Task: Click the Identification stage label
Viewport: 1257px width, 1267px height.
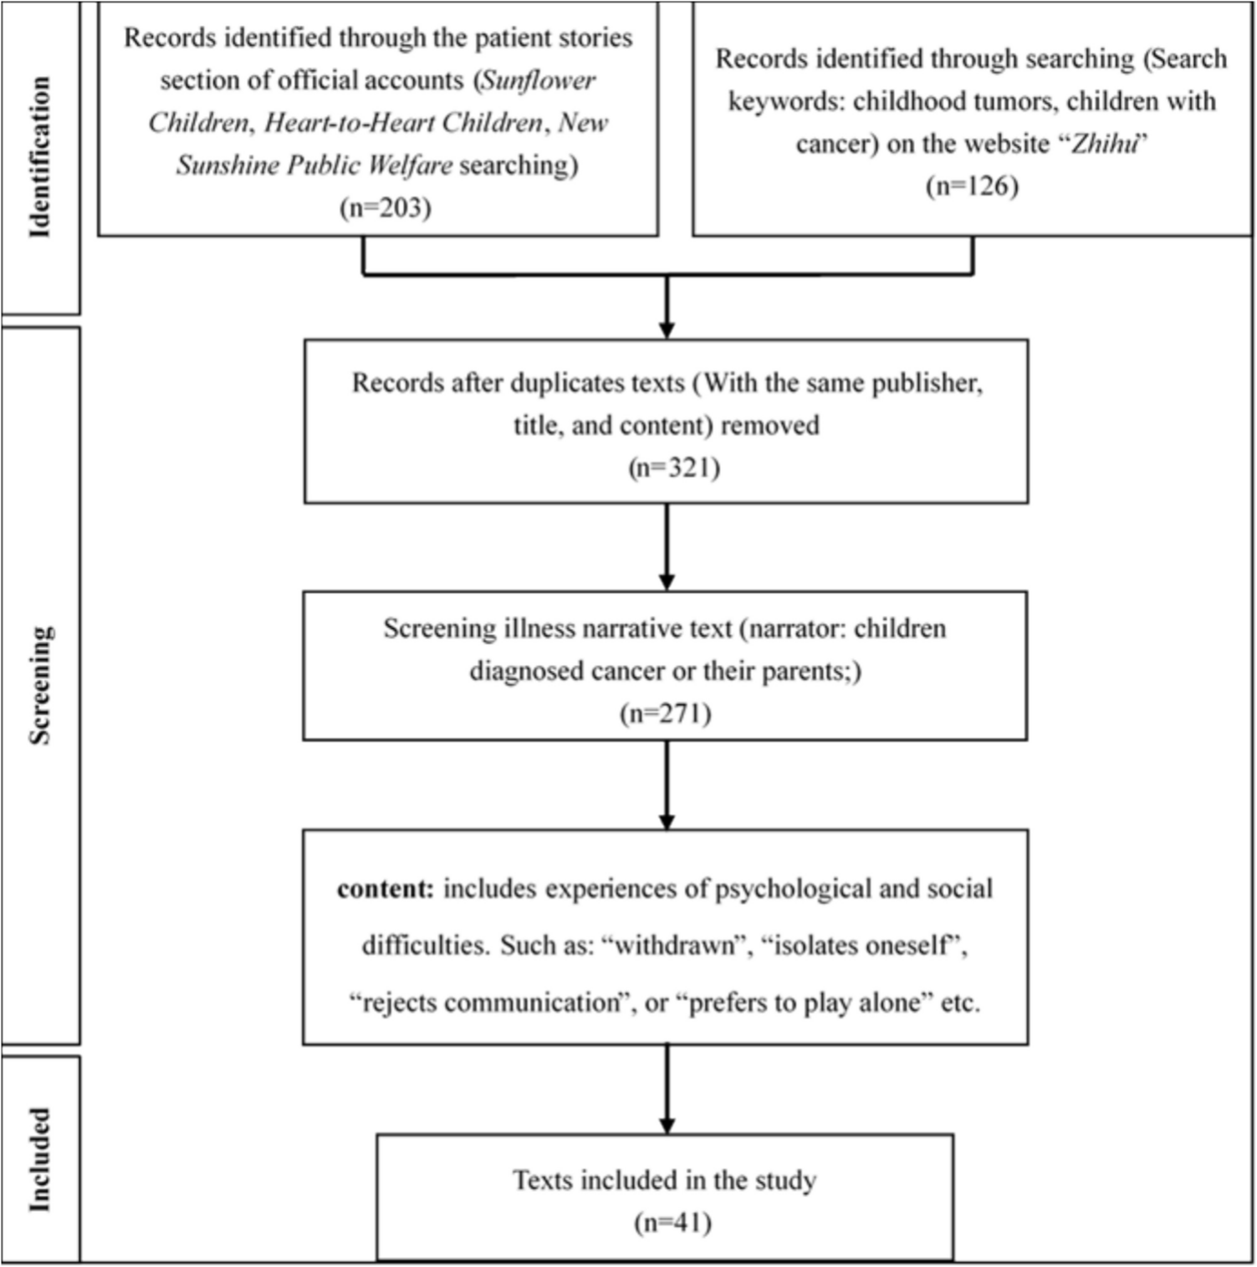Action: (x=39, y=157)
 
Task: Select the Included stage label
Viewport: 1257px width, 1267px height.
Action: (x=39, y=1159)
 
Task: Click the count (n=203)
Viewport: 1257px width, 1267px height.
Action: (x=386, y=207)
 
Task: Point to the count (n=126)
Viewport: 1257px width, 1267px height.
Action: (x=972, y=186)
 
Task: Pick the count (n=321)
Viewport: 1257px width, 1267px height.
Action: (x=674, y=467)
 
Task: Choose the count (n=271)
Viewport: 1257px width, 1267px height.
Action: (x=666, y=713)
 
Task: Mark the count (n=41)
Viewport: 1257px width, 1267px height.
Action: (x=673, y=1223)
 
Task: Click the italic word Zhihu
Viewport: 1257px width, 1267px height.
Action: (x=1105, y=144)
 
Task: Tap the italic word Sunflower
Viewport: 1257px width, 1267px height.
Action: (x=539, y=80)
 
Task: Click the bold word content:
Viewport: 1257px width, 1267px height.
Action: (x=386, y=889)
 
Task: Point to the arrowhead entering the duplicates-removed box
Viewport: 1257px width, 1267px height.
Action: (x=667, y=330)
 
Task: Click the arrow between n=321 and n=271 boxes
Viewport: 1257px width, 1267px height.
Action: (x=667, y=547)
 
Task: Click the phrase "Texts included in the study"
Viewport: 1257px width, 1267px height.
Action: (x=664, y=1180)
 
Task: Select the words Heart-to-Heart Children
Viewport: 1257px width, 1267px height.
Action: (x=403, y=123)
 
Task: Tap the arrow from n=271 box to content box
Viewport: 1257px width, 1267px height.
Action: (x=667, y=784)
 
